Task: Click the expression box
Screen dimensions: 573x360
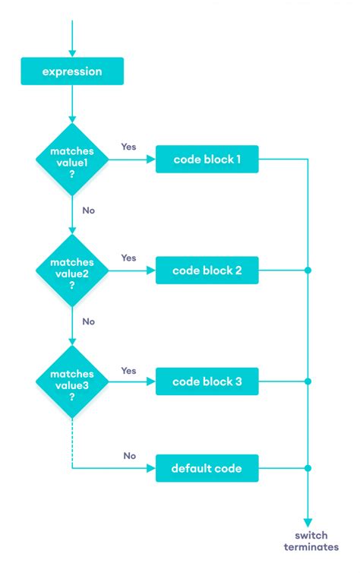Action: (71, 72)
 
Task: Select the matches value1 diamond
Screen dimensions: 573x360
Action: (71, 160)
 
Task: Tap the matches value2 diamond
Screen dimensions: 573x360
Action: (71, 271)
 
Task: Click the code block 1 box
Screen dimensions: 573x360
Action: (207, 160)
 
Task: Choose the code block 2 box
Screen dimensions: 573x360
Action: (207, 271)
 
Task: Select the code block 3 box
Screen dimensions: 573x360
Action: (207, 381)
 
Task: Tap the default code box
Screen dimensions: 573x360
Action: (207, 468)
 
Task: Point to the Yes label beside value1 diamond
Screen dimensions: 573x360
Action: (128, 147)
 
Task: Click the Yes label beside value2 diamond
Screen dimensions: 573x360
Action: (128, 258)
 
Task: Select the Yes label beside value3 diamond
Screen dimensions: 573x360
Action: (128, 370)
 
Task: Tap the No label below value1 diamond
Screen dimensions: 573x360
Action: (89, 210)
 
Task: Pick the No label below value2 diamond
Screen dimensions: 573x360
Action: (89, 321)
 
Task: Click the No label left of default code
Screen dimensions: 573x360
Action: (130, 456)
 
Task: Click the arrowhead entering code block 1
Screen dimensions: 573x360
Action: (151, 160)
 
